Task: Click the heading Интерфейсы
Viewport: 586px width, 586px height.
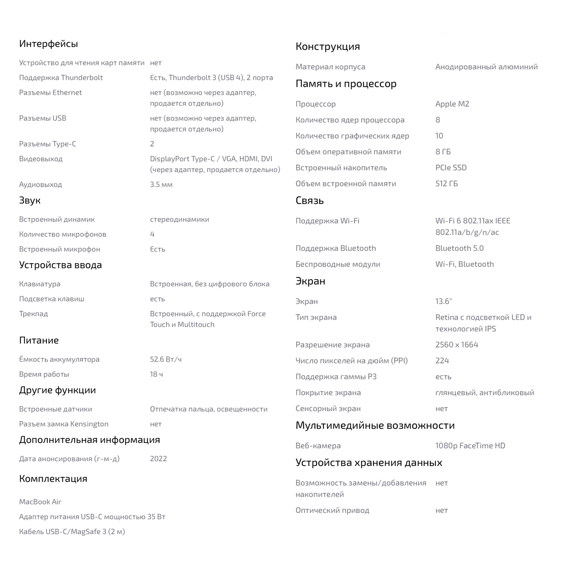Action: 48,44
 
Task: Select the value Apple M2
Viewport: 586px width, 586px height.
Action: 452,104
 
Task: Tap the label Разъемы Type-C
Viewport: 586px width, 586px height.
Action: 48,144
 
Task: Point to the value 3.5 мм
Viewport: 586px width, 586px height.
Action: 161,184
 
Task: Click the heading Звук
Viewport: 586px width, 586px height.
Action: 30,200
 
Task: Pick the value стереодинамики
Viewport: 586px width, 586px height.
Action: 179,219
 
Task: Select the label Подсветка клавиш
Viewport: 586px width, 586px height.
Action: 52,299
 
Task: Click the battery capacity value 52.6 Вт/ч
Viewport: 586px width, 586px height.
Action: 166,359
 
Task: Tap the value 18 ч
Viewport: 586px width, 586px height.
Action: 156,374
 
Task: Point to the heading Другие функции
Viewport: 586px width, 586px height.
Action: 57,390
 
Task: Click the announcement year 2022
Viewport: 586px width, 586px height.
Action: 158,459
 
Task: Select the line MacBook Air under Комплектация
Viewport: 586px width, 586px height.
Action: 40,502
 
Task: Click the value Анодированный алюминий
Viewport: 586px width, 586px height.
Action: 486,67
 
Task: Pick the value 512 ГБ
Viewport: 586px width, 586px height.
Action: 447,184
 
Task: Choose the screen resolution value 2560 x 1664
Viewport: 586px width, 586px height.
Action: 457,345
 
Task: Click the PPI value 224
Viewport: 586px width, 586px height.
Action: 442,361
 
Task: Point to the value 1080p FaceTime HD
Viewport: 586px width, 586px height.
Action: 470,445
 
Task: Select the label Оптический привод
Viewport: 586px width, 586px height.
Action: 332,510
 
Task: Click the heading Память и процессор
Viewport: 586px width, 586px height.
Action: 346,84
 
